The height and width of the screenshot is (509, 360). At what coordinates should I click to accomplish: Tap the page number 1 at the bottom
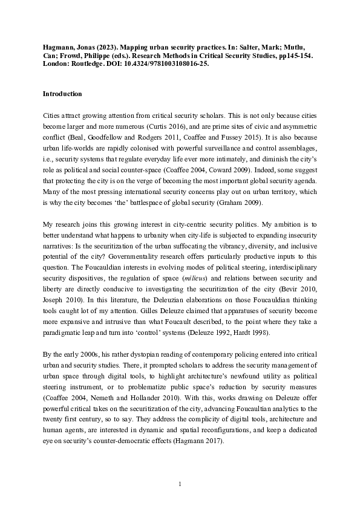[x=180, y=484]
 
